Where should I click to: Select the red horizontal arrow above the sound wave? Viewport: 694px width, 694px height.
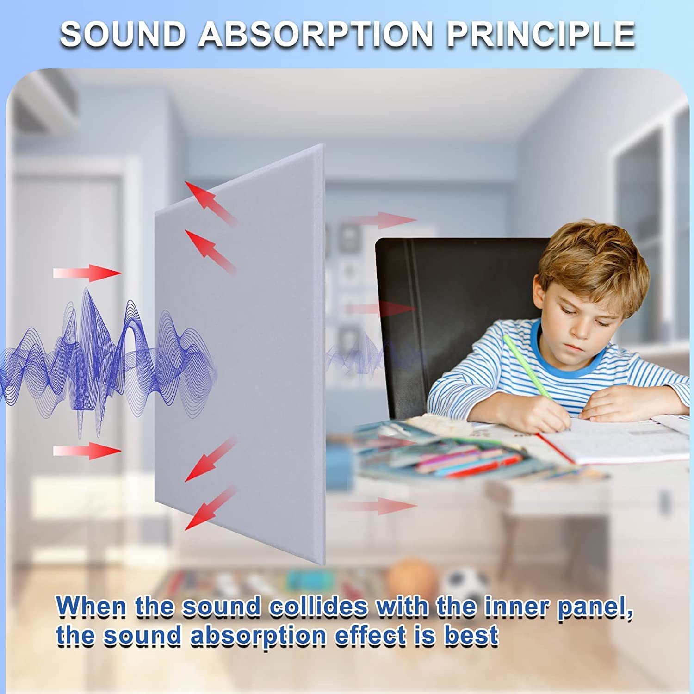[87, 273]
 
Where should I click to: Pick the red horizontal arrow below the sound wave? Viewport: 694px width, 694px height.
[87, 451]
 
